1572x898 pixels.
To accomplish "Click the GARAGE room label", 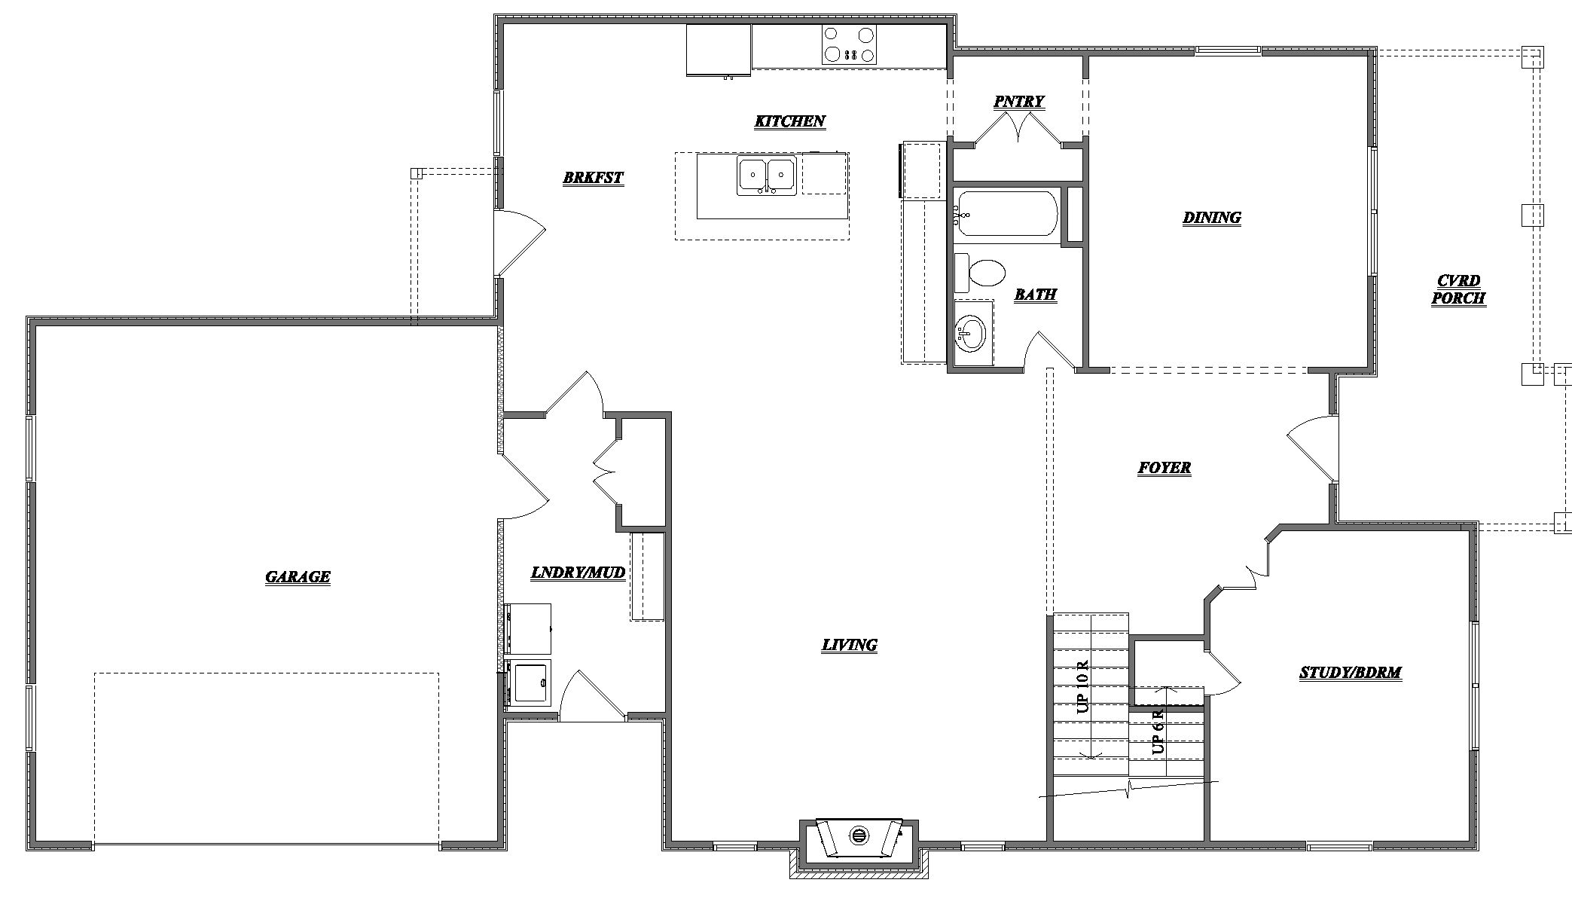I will click(x=298, y=577).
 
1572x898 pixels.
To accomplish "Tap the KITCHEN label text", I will click(x=790, y=121).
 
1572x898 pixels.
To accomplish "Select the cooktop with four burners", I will click(x=849, y=44).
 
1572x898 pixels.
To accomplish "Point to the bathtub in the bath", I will click(x=1006, y=214).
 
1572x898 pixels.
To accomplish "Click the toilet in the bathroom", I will click(x=983, y=273).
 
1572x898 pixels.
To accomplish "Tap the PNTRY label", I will click(x=1018, y=102).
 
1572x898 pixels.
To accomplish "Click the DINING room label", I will click(x=1211, y=218).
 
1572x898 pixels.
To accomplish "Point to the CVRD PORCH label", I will click(x=1458, y=289).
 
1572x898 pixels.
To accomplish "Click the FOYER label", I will click(x=1164, y=468).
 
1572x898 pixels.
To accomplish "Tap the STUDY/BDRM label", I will click(x=1350, y=673).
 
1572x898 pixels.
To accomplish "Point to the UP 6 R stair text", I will click(x=1158, y=730).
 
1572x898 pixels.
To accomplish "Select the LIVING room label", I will click(x=849, y=645).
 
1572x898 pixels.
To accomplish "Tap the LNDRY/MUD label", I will click(x=578, y=573).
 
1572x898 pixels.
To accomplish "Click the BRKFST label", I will click(x=593, y=178).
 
